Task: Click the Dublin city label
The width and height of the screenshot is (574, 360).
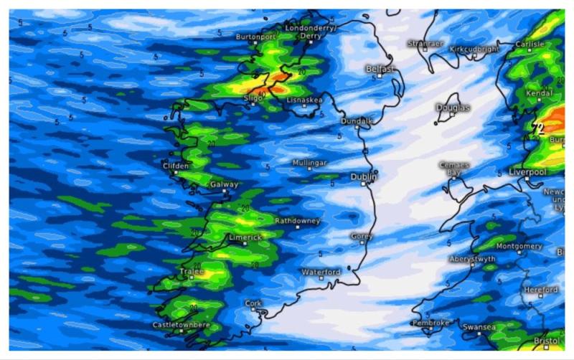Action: point(364,176)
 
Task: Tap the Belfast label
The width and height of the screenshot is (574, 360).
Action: point(380,69)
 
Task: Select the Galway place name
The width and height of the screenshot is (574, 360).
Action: point(224,185)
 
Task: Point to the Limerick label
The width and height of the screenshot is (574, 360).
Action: point(245,237)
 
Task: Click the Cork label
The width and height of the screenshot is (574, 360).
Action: point(253,303)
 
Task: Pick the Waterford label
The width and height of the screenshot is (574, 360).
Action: point(321,273)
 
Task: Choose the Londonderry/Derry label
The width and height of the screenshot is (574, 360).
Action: point(310,32)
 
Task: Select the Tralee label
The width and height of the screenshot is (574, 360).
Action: point(191,273)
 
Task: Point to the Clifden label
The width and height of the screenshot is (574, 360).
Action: point(176,166)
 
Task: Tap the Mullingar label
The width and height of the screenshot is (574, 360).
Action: point(309,163)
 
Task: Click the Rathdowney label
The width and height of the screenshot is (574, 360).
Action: point(297,221)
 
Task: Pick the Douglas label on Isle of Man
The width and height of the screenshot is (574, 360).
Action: point(453,108)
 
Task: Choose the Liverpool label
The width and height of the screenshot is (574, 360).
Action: point(527,172)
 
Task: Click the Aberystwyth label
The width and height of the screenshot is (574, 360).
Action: point(472,259)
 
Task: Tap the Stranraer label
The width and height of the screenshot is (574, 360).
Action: point(426,43)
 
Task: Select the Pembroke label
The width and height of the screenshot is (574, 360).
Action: point(431,323)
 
